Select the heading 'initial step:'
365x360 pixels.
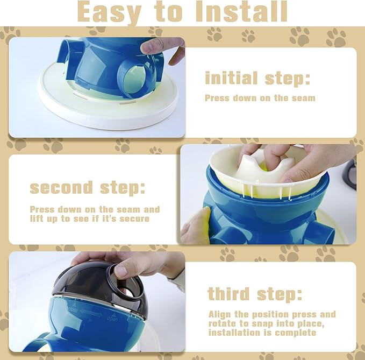(x=257, y=79)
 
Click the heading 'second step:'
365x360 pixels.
(x=87, y=188)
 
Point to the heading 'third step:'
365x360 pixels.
(x=255, y=294)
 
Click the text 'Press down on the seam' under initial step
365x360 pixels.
(x=260, y=98)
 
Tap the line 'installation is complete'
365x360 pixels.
(x=262, y=333)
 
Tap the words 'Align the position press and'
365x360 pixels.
(x=272, y=314)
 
